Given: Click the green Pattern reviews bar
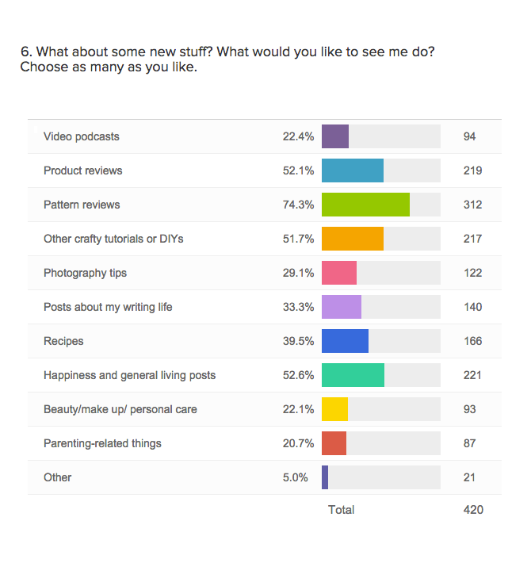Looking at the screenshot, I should tap(365, 205).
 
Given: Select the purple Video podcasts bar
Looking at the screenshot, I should tap(335, 136).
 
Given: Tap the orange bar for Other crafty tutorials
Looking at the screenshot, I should tap(353, 239).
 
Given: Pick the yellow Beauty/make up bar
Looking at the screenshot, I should tap(334, 409).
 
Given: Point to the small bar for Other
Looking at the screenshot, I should tap(325, 477).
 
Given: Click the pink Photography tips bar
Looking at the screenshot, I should tap(339, 273).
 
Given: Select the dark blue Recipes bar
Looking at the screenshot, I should tap(345, 341).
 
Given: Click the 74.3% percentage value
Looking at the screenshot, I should tap(298, 205).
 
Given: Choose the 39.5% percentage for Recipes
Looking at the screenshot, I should tap(298, 341).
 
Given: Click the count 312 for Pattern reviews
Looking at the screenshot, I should tap(473, 205).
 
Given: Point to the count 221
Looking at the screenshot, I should tap(473, 375).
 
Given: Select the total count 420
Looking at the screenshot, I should tap(473, 510).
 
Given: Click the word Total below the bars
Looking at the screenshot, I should tap(342, 510).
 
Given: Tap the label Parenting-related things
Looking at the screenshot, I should tap(102, 443).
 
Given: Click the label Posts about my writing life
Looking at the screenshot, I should tap(108, 307).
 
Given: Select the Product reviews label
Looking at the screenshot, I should tap(83, 170).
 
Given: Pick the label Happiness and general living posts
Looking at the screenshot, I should tap(129, 375).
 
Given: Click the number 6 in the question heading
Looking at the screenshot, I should tap(25, 52).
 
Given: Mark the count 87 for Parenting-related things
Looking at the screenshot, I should tap(470, 443).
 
